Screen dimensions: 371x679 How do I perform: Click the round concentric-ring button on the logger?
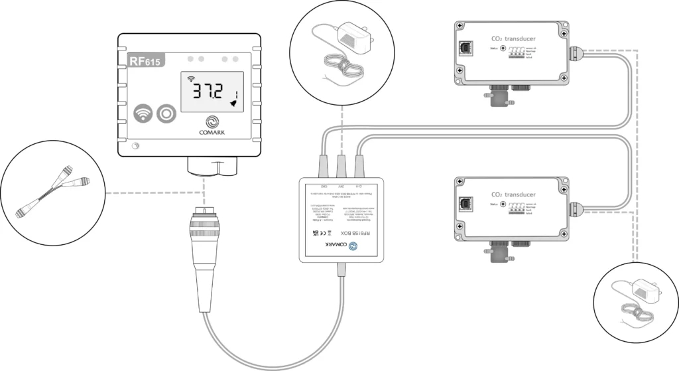pos(164,114)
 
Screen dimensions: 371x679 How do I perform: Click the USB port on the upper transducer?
pos(463,48)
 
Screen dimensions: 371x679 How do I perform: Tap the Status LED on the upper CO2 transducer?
pos(504,48)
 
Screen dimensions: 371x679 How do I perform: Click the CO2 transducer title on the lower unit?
pos(514,194)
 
